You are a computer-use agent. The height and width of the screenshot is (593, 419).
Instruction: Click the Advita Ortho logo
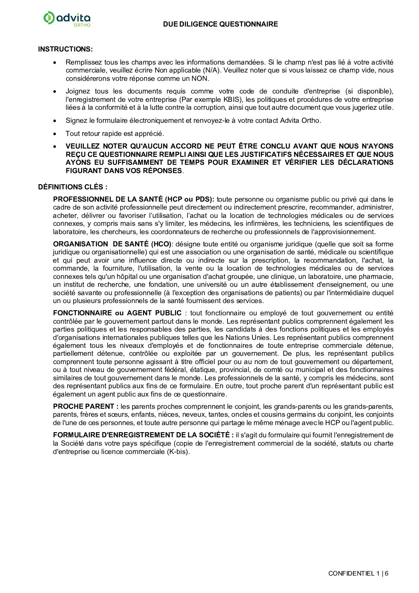(67, 19)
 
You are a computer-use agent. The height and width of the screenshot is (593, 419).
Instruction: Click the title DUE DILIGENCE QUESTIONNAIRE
(220, 24)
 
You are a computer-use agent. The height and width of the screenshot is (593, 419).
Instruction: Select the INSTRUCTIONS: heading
(65, 49)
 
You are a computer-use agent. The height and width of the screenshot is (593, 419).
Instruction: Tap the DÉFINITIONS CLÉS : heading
(72, 187)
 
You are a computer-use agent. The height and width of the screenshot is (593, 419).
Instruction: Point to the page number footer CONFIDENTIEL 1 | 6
(358, 573)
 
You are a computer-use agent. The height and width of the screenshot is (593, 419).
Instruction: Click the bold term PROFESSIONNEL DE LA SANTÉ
(108, 199)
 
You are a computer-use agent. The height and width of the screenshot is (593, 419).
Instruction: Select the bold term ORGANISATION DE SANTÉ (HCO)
(112, 244)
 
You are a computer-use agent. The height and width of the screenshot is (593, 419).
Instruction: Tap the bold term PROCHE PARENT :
(86, 406)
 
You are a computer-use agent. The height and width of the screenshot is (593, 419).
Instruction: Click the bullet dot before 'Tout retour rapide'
(55, 133)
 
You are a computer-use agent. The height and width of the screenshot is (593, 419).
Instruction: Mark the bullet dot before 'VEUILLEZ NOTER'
(55, 146)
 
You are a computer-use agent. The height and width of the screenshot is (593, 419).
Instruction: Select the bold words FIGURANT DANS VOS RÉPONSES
(124, 171)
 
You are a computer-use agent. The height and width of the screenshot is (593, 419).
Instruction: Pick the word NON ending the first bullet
(200, 78)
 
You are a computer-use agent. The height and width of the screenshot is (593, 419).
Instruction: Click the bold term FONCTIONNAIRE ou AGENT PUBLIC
(117, 313)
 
